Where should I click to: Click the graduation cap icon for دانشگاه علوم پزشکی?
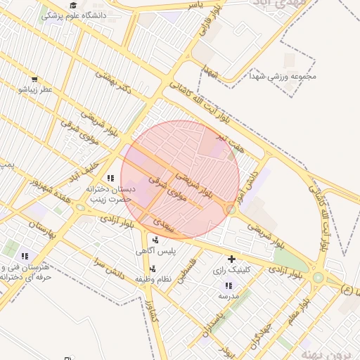click(x=73, y=5)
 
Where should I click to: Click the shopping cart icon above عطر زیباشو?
click(x=34, y=80)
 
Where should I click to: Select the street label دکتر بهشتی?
click(x=116, y=85)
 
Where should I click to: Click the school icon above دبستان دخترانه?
click(x=110, y=179)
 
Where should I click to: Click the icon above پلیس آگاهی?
click(x=155, y=240)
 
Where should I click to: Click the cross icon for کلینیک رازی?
click(x=231, y=259)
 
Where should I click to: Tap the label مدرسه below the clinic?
click(x=229, y=297)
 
